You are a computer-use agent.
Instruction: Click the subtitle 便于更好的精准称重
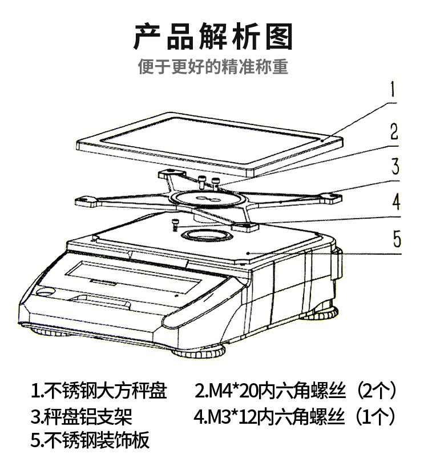213,67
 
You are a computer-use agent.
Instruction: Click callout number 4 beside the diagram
395,202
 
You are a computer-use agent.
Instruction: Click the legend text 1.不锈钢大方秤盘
99,391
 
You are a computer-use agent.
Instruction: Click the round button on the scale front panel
44,291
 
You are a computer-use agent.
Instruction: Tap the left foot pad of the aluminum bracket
86,200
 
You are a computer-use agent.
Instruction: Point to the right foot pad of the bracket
329,197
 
